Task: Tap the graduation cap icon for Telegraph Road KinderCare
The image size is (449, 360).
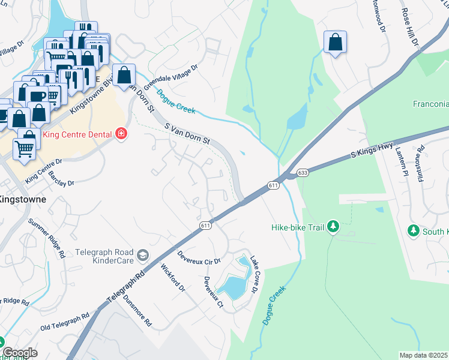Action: point(142,256)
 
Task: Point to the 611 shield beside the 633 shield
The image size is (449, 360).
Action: point(274,185)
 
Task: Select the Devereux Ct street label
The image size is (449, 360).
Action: point(213,293)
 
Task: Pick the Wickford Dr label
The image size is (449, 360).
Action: point(173,280)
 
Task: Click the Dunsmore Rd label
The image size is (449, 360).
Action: point(138,313)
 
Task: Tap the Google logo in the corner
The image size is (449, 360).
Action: point(19,353)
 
